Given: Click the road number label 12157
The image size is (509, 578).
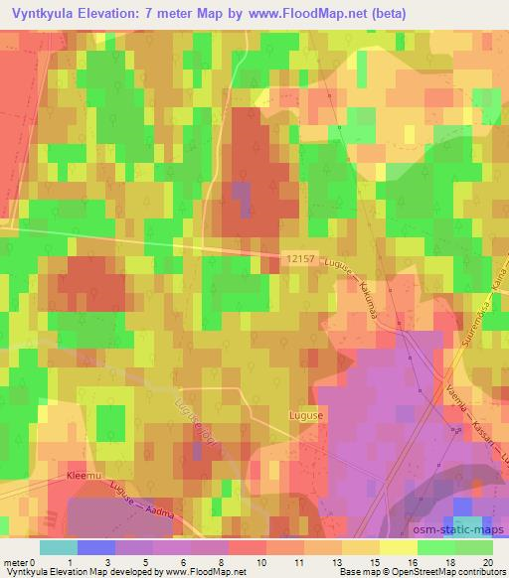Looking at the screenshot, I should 298,256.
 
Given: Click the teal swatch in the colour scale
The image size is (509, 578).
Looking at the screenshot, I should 59,547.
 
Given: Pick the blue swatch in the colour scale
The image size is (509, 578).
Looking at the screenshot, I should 96,547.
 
